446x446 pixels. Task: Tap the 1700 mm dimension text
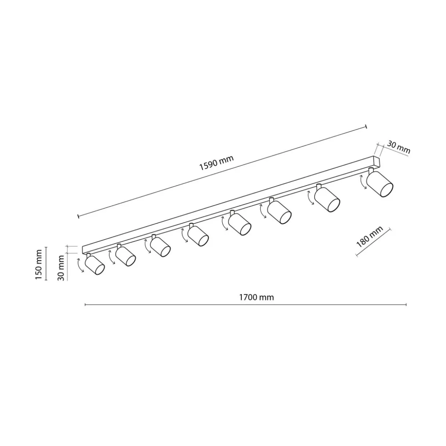(x=256, y=297)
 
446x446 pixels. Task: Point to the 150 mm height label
(x=38, y=264)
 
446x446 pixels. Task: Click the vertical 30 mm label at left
(x=61, y=268)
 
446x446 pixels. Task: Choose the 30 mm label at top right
(x=399, y=147)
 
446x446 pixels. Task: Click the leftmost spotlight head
(x=95, y=265)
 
